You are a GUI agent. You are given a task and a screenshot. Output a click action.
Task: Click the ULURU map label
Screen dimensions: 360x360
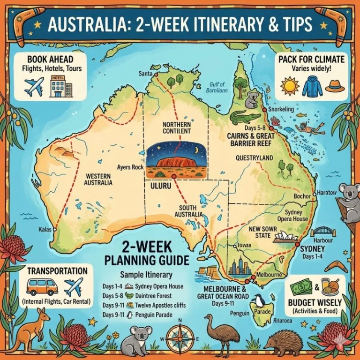click(x=159, y=186)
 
